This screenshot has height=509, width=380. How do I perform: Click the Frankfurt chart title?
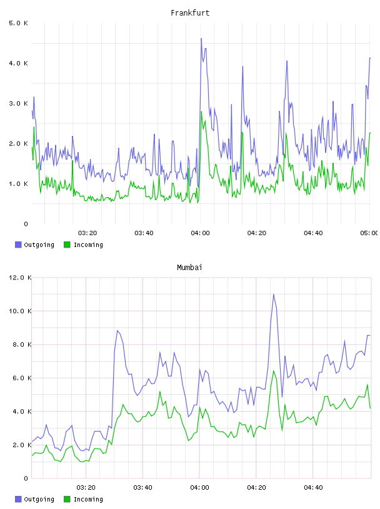[190, 13]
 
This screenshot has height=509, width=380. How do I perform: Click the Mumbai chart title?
[189, 268]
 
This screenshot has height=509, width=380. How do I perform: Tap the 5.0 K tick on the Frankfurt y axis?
[19, 23]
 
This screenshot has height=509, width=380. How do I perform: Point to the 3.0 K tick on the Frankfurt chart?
[19, 104]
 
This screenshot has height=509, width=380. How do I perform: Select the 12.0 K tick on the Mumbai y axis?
[20, 278]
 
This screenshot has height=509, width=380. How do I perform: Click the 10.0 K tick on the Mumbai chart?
[20, 311]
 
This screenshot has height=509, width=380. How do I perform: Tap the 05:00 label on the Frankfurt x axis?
[369, 233]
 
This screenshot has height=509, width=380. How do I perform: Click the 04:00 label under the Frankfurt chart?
[200, 233]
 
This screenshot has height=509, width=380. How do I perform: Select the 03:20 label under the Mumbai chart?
[86, 488]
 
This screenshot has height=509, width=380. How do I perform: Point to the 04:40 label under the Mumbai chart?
[313, 488]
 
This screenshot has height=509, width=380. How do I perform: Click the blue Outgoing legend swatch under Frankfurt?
[18, 245]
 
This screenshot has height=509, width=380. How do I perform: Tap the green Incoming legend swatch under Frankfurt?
[67, 245]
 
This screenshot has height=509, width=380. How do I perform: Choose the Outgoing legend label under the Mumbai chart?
[39, 499]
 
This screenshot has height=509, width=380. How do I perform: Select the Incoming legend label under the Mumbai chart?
[88, 499]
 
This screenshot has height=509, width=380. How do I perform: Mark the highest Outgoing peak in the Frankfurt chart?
[201, 39]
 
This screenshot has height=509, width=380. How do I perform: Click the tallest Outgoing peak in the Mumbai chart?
[274, 294]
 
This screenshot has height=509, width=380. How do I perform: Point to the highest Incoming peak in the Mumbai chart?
[274, 371]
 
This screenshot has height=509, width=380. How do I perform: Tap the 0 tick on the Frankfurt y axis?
[26, 224]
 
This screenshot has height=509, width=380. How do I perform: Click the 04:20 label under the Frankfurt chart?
[257, 233]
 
